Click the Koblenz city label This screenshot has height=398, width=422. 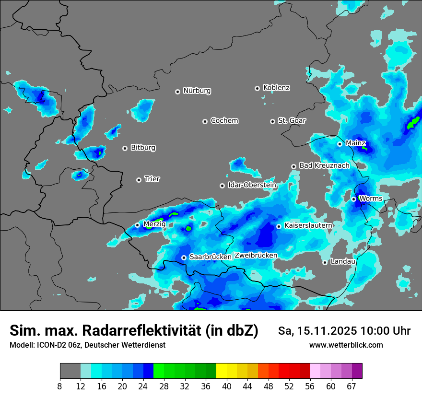point(276,88)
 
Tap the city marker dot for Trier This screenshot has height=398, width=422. point(139,180)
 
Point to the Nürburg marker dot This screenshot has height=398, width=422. point(177,91)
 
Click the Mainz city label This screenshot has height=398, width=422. point(355,143)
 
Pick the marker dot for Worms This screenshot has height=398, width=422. point(353,199)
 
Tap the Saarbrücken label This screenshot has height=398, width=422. point(211,257)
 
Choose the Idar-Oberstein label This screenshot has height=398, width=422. point(252,185)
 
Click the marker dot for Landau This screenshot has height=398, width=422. point(325,262)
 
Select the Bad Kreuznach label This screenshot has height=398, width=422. point(324,165)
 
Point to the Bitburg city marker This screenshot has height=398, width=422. point(125,148)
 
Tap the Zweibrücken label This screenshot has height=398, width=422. point(256,256)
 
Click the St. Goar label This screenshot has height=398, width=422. point(292,121)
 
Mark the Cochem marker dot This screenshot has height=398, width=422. point(205,121)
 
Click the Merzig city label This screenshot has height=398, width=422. point(154,224)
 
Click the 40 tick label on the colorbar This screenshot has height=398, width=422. point(227,386)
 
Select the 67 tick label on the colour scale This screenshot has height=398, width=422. point(352,386)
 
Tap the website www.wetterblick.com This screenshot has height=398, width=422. point(346,345)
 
